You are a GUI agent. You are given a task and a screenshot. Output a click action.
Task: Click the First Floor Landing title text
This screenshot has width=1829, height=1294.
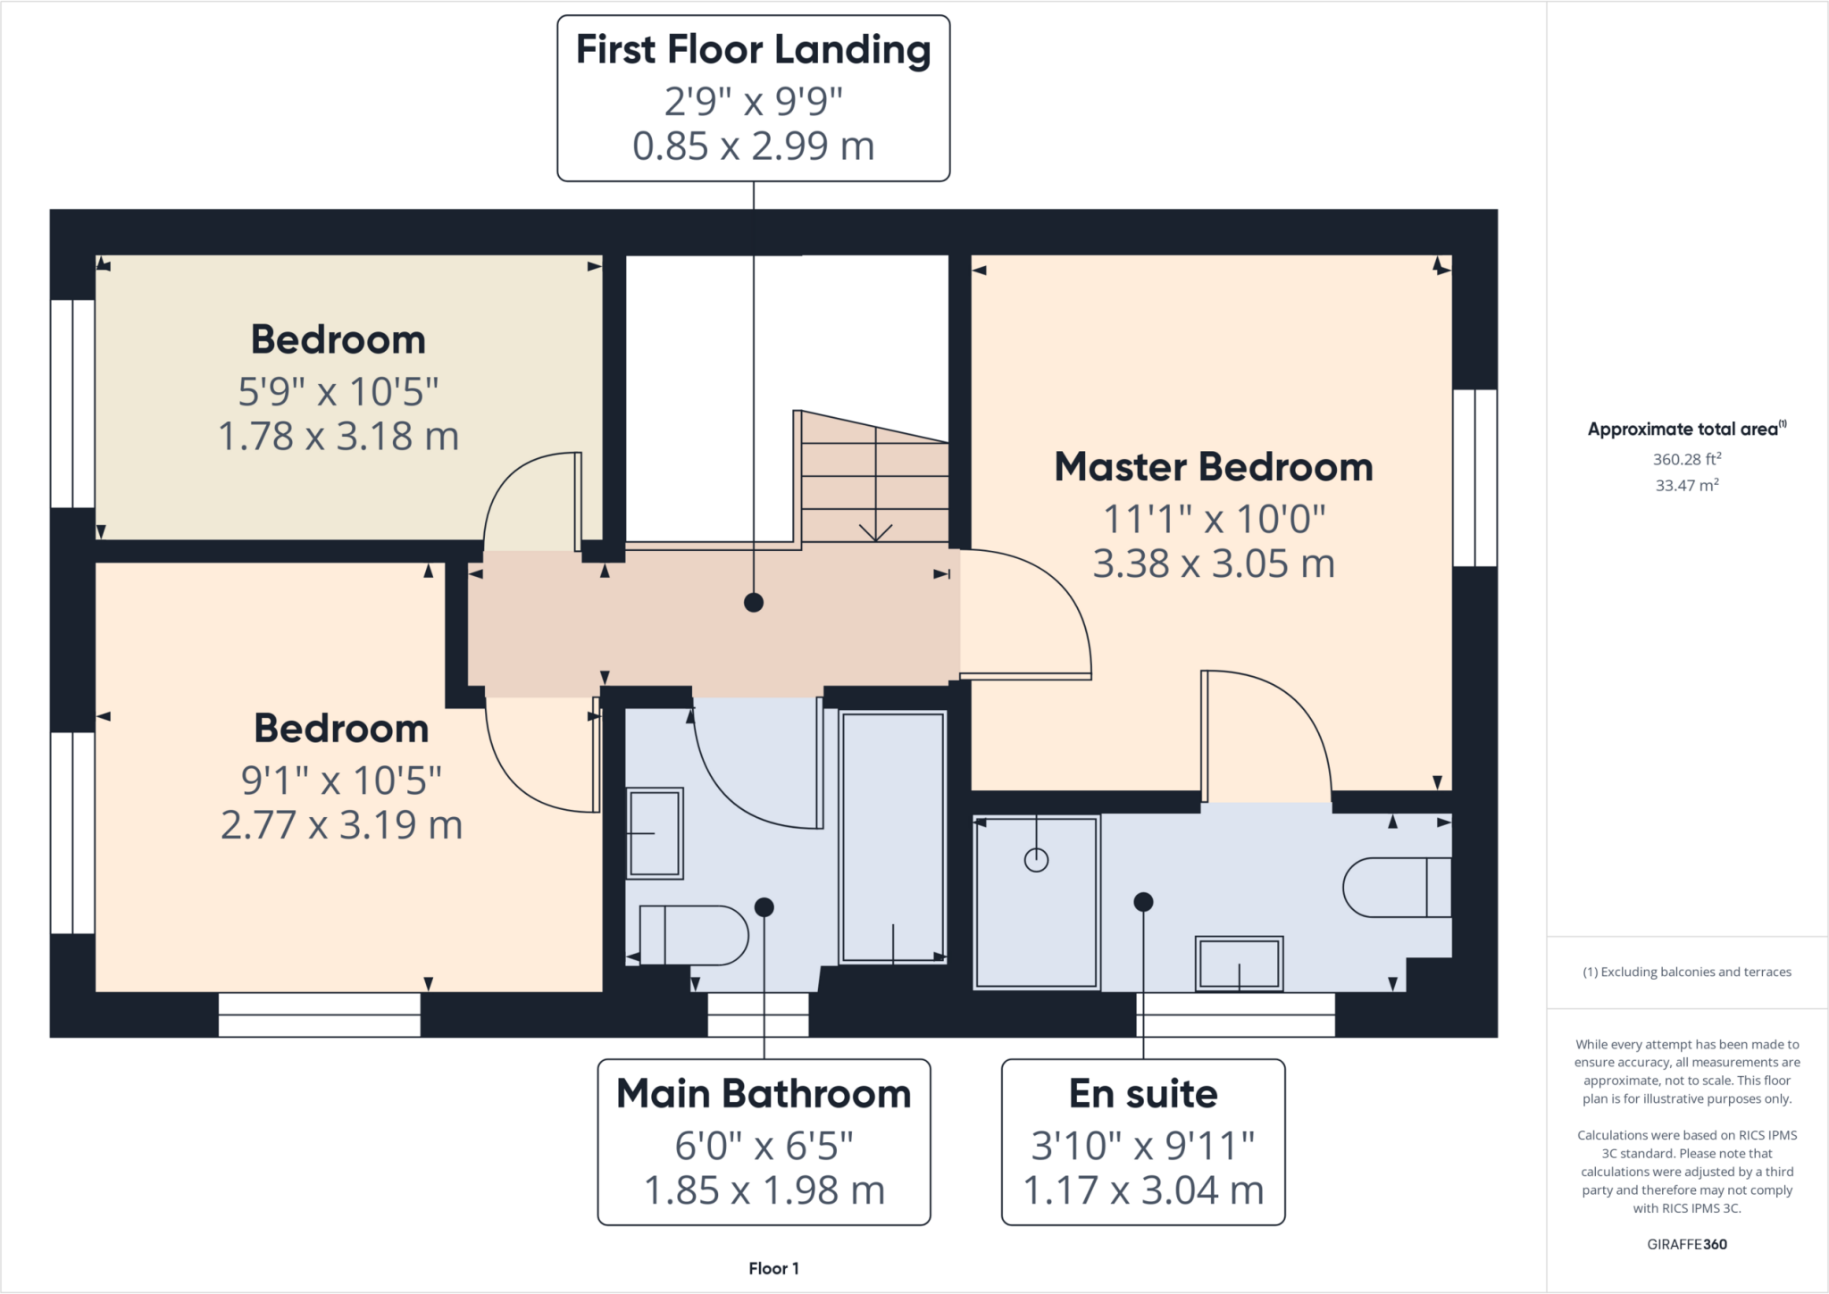tap(753, 50)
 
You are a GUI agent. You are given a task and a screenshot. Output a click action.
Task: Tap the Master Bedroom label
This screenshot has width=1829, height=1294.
tap(1213, 467)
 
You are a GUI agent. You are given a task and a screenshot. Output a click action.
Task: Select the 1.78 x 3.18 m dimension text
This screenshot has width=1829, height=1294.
tap(338, 437)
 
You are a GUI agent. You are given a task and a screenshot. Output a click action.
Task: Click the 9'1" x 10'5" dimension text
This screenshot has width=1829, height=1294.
tap(341, 781)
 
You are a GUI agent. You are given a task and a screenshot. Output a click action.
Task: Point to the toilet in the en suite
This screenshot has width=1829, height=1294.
tap(1396, 887)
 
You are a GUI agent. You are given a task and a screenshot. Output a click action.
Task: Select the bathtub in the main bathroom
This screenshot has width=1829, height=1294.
tap(892, 837)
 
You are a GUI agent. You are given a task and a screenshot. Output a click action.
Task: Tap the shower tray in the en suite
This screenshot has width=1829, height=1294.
tap(1036, 902)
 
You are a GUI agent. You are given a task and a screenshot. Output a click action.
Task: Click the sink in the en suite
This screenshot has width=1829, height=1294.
tap(1239, 964)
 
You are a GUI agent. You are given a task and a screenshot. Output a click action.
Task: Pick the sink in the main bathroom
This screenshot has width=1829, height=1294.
tap(656, 833)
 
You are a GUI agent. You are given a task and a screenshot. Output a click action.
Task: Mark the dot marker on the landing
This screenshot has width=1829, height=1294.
tap(753, 603)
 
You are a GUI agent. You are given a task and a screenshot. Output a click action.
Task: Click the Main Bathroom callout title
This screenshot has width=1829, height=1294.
tap(764, 1094)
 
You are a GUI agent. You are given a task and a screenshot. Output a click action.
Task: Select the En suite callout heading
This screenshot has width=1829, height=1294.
tap(1142, 1094)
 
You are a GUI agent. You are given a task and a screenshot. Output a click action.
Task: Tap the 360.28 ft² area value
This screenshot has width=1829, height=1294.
tap(1686, 459)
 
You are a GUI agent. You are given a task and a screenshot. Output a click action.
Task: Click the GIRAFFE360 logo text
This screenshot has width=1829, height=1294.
tap(1686, 1244)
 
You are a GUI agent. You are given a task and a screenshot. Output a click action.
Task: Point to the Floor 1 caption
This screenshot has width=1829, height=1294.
tap(773, 1268)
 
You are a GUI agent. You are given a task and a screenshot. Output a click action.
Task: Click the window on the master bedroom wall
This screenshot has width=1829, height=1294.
tap(1474, 478)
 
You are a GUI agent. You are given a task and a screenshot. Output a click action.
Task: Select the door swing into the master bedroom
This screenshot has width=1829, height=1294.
tap(1027, 616)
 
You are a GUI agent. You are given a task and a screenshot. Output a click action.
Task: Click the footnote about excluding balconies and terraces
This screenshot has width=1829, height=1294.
tap(1686, 972)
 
